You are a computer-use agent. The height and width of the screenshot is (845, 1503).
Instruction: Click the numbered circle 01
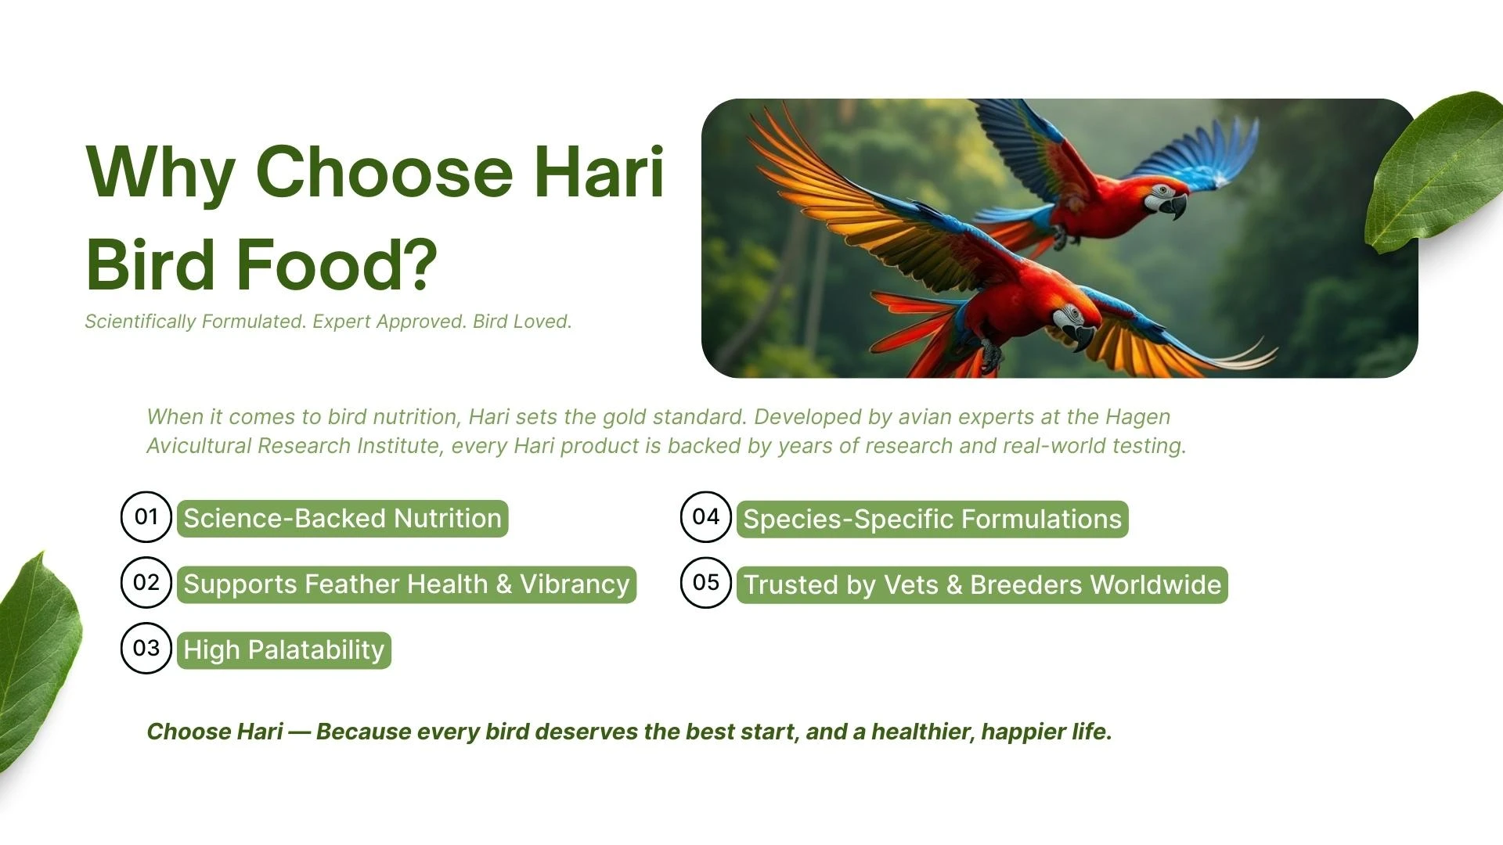click(x=146, y=517)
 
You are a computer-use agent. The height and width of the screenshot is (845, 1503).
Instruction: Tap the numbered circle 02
click(x=146, y=583)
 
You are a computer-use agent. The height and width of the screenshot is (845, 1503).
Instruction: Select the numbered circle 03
click(x=146, y=649)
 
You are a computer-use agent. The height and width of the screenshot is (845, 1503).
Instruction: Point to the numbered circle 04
click(x=705, y=517)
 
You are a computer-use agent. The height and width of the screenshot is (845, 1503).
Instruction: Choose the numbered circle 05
click(x=705, y=583)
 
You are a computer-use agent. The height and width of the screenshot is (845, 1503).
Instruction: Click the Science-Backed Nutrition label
click(x=342, y=519)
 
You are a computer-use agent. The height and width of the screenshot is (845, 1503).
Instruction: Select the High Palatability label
click(x=283, y=650)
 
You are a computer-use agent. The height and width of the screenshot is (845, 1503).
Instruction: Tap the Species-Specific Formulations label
click(x=932, y=520)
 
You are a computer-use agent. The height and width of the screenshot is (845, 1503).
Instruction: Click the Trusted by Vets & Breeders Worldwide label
click(x=982, y=585)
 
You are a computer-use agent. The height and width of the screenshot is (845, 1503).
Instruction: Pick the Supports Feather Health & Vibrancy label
click(x=406, y=584)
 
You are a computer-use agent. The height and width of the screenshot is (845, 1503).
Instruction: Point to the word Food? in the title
click(x=337, y=264)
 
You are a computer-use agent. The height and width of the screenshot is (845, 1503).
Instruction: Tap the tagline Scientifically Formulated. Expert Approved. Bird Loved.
click(x=328, y=322)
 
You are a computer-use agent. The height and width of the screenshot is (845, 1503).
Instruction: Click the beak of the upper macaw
click(x=1176, y=207)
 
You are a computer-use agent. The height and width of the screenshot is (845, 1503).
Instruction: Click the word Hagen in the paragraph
click(x=1137, y=417)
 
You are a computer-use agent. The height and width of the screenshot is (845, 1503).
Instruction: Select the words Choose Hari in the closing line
click(x=214, y=732)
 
